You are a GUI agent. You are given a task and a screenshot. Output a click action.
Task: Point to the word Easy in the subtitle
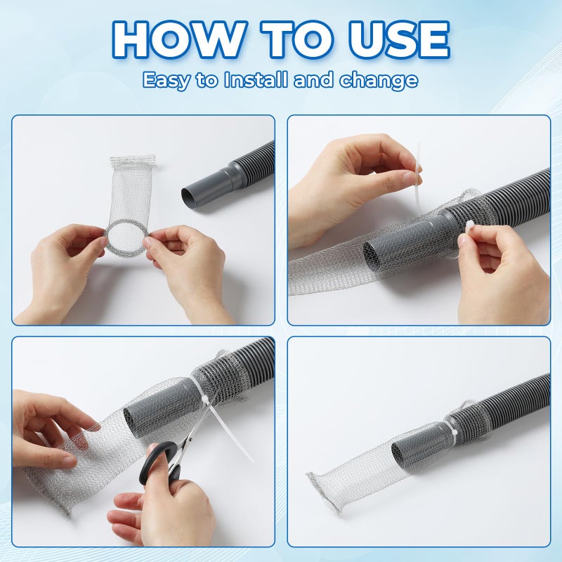168,79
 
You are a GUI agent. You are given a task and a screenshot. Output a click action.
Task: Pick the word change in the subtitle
379,79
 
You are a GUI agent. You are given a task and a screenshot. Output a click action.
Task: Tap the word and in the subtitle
314,79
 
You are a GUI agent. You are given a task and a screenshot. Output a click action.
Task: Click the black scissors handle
158,464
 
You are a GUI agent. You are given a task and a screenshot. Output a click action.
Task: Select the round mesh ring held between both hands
127,239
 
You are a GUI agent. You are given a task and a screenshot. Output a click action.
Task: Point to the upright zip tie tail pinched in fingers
419,169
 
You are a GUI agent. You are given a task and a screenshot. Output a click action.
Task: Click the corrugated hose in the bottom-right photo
513,400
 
